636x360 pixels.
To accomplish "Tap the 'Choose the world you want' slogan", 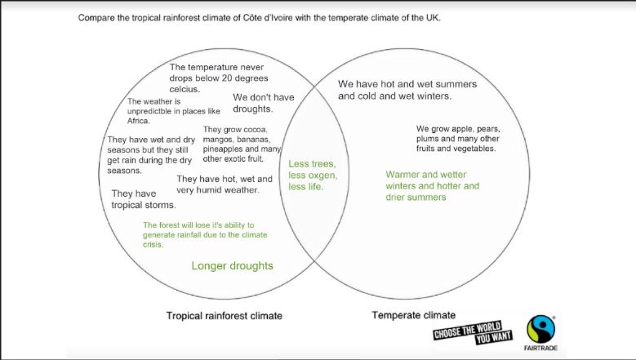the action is point(473,333).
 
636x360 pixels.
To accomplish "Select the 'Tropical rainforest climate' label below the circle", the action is point(224,316).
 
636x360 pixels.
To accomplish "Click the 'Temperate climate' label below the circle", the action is point(413,315).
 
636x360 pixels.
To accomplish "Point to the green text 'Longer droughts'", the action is point(232,266).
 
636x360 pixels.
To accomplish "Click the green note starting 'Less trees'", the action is point(313,176).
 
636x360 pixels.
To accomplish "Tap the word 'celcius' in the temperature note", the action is point(184,89).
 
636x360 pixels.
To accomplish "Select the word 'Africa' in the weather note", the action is point(138,121).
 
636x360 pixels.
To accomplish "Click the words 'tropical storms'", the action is point(144,205).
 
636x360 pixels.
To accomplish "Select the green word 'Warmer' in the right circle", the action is point(403,175).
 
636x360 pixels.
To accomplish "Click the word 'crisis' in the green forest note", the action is point(153,244).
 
